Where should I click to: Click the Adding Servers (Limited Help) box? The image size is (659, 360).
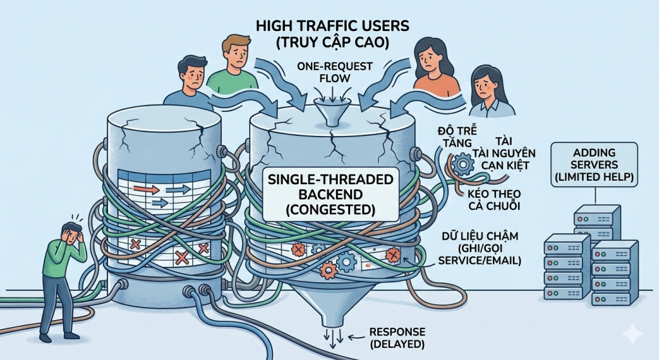pos(595,165)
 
